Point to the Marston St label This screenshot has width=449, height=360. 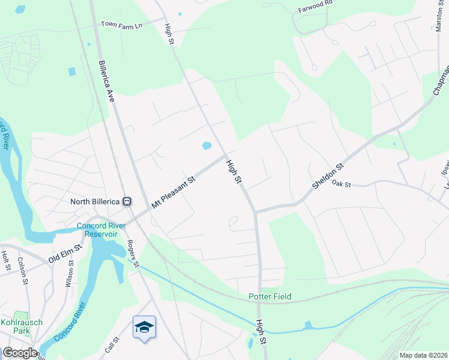[x=441, y=16]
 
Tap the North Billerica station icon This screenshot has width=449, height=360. [x=127, y=202]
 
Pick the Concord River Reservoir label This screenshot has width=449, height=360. [x=101, y=229]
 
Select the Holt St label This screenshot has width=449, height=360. [x=6, y=261]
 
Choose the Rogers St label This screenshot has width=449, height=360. [x=132, y=254]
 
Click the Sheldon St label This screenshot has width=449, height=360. [x=327, y=176]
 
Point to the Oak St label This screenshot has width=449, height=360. [x=340, y=183]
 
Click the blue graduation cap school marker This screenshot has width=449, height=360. [x=144, y=327]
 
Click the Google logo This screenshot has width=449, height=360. [x=19, y=353]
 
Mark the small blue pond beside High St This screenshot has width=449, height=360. [x=206, y=146]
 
